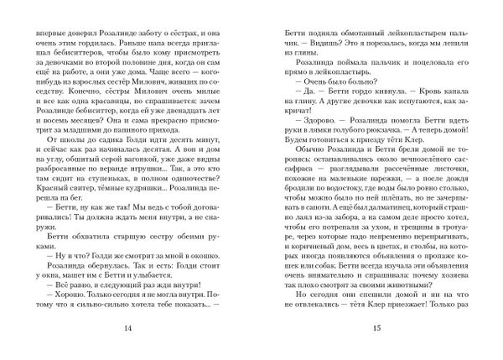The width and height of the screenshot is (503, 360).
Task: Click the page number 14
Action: tap(127, 326)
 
